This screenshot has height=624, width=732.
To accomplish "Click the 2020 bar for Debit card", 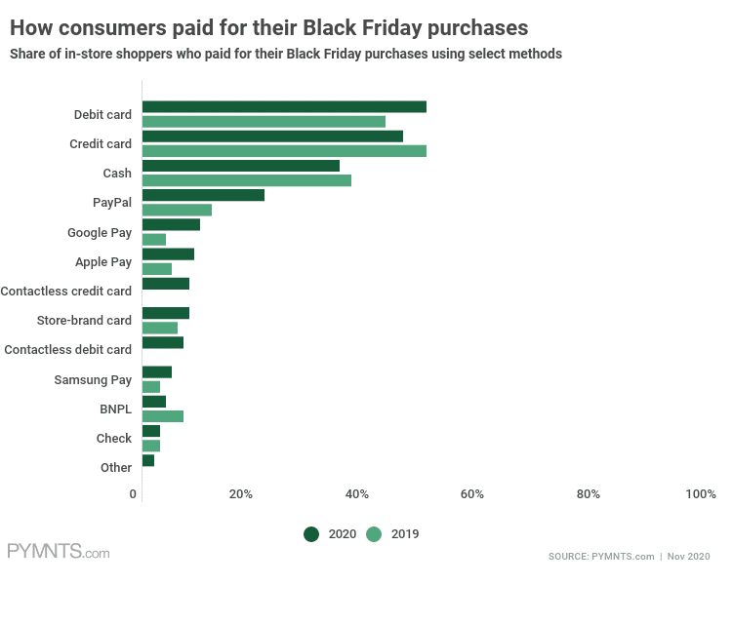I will (284, 107).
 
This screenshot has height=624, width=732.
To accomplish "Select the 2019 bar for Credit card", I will (284, 151).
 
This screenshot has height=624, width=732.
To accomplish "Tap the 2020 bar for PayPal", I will (203, 195).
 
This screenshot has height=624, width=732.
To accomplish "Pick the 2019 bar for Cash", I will (247, 180).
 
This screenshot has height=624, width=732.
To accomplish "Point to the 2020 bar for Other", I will (148, 460).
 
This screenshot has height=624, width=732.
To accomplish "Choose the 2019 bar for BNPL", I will (163, 416).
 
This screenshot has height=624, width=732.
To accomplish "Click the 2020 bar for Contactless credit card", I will (166, 284).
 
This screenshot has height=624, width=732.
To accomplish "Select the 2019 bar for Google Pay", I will (154, 239).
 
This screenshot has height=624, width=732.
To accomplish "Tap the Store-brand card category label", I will (84, 320).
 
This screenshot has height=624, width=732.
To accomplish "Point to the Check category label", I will (114, 439).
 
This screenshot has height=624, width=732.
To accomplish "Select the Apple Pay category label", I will (103, 261).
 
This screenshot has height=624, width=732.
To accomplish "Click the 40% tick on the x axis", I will (356, 494).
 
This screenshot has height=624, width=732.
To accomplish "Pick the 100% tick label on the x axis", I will (701, 494).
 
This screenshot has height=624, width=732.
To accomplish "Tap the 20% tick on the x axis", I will (241, 494).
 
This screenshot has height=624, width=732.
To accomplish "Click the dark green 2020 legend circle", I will (312, 534).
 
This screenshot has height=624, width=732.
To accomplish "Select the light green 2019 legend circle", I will (375, 534).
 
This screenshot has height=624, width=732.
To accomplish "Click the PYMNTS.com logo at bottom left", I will (58, 552).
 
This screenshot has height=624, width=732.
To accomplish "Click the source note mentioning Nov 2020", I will (629, 556).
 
